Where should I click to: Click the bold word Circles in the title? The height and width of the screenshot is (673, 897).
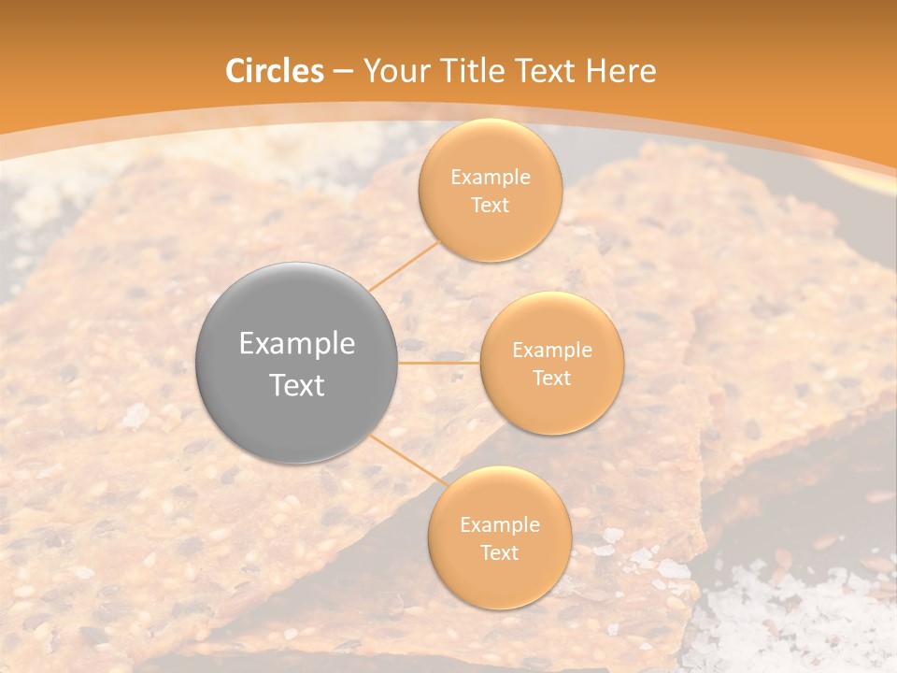[274, 71]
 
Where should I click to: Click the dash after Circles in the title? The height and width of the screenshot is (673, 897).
[343, 72]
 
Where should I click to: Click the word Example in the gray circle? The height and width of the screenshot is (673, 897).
[297, 344]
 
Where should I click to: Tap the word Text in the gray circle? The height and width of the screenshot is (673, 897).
[297, 385]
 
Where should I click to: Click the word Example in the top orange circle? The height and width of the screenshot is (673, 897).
[490, 177]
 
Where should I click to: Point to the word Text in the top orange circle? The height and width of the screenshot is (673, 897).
[490, 205]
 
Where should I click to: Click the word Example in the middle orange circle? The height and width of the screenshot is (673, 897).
[551, 350]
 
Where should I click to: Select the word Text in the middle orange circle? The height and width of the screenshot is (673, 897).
[551, 378]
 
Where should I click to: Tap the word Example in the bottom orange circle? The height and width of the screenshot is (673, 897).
[499, 524]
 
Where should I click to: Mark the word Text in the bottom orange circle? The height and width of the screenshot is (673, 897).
[499, 552]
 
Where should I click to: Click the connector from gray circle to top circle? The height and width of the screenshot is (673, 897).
[405, 265]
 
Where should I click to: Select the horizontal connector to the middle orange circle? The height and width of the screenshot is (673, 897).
[439, 363]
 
